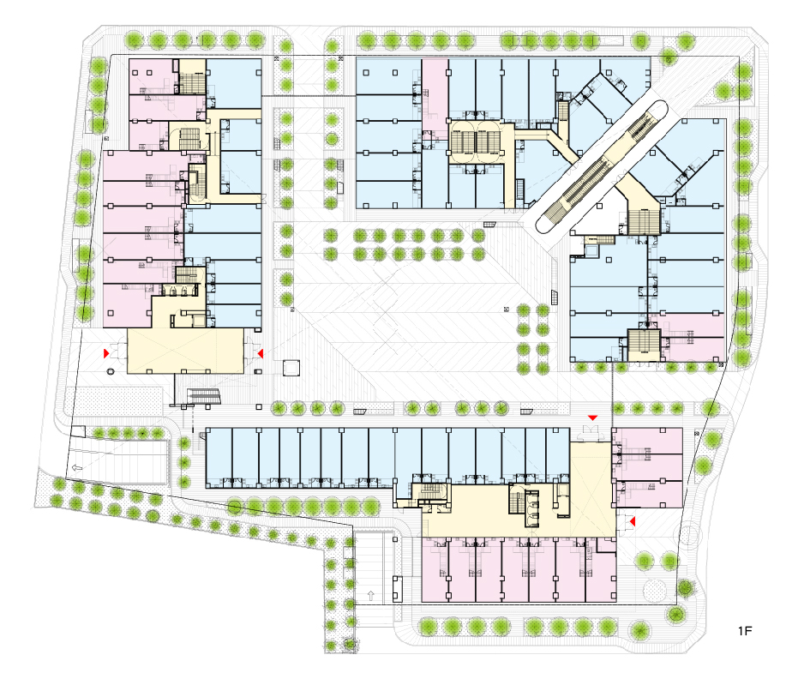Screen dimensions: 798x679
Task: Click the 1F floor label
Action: click(x=745, y=631)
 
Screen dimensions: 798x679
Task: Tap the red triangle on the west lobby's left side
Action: click(x=106, y=353)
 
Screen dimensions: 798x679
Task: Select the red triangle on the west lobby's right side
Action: click(x=260, y=353)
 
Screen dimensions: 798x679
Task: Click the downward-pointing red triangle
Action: click(x=592, y=418)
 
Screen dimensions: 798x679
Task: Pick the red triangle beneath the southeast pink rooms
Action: click(x=633, y=522)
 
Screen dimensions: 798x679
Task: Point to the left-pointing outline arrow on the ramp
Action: click(x=77, y=467)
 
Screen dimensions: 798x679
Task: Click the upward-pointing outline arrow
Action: click(x=370, y=595)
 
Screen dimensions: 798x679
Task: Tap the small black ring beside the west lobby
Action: click(x=111, y=371)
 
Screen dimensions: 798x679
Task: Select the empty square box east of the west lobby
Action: click(x=291, y=368)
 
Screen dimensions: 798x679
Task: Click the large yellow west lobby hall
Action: click(x=185, y=351)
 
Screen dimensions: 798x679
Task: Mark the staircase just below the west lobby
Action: click(x=204, y=396)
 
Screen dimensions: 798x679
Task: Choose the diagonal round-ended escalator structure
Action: click(x=601, y=166)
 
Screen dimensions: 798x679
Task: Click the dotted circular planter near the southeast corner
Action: click(x=655, y=590)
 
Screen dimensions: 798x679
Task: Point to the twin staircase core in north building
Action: click(x=477, y=142)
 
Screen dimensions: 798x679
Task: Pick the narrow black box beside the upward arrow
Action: click(x=398, y=590)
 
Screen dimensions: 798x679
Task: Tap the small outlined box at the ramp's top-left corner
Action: click(x=79, y=430)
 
